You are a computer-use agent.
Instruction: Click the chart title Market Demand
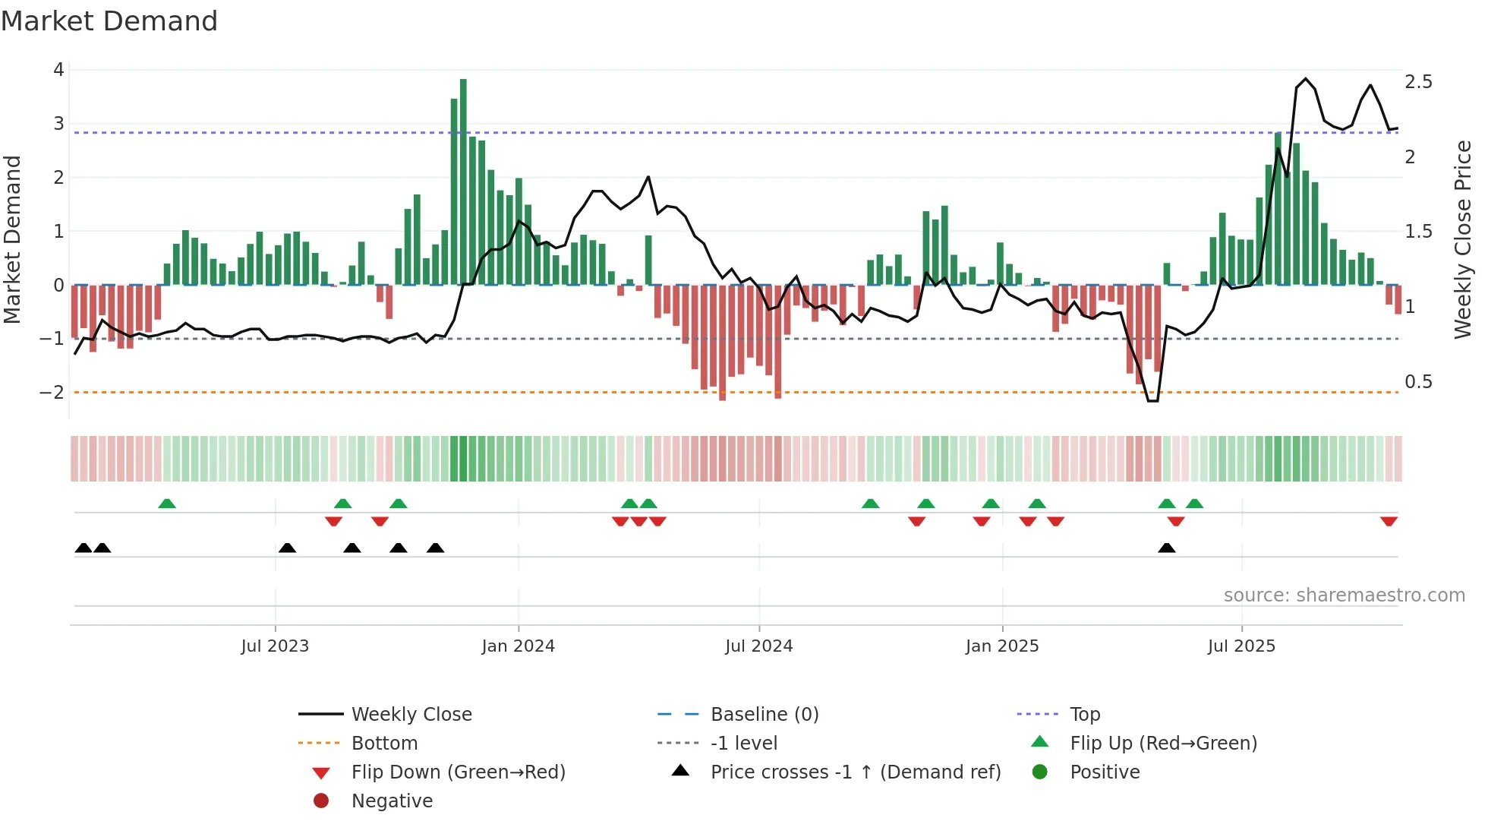109,21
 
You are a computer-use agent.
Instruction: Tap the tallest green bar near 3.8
463,182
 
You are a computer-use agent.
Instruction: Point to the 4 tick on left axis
58,70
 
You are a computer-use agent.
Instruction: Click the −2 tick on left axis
52,393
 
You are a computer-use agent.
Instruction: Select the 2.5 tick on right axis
1418,82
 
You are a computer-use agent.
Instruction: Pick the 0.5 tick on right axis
1418,382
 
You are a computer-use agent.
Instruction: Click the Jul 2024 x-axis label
758,646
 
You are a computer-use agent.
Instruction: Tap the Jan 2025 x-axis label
1001,646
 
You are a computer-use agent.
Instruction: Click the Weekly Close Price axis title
1462,239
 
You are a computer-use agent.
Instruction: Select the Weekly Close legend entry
411,715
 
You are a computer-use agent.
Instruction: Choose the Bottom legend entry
384,744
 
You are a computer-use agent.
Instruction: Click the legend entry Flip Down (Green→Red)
458,772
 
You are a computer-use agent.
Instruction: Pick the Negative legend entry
392,801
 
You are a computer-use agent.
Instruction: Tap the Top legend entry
1084,715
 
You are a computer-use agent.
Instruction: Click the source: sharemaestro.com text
1344,595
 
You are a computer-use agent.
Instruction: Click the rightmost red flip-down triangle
1389,521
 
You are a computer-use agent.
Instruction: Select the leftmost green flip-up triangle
167,504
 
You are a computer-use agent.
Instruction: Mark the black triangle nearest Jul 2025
1167,548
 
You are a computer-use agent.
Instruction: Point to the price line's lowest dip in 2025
1152,400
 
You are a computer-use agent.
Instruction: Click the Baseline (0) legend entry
764,715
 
